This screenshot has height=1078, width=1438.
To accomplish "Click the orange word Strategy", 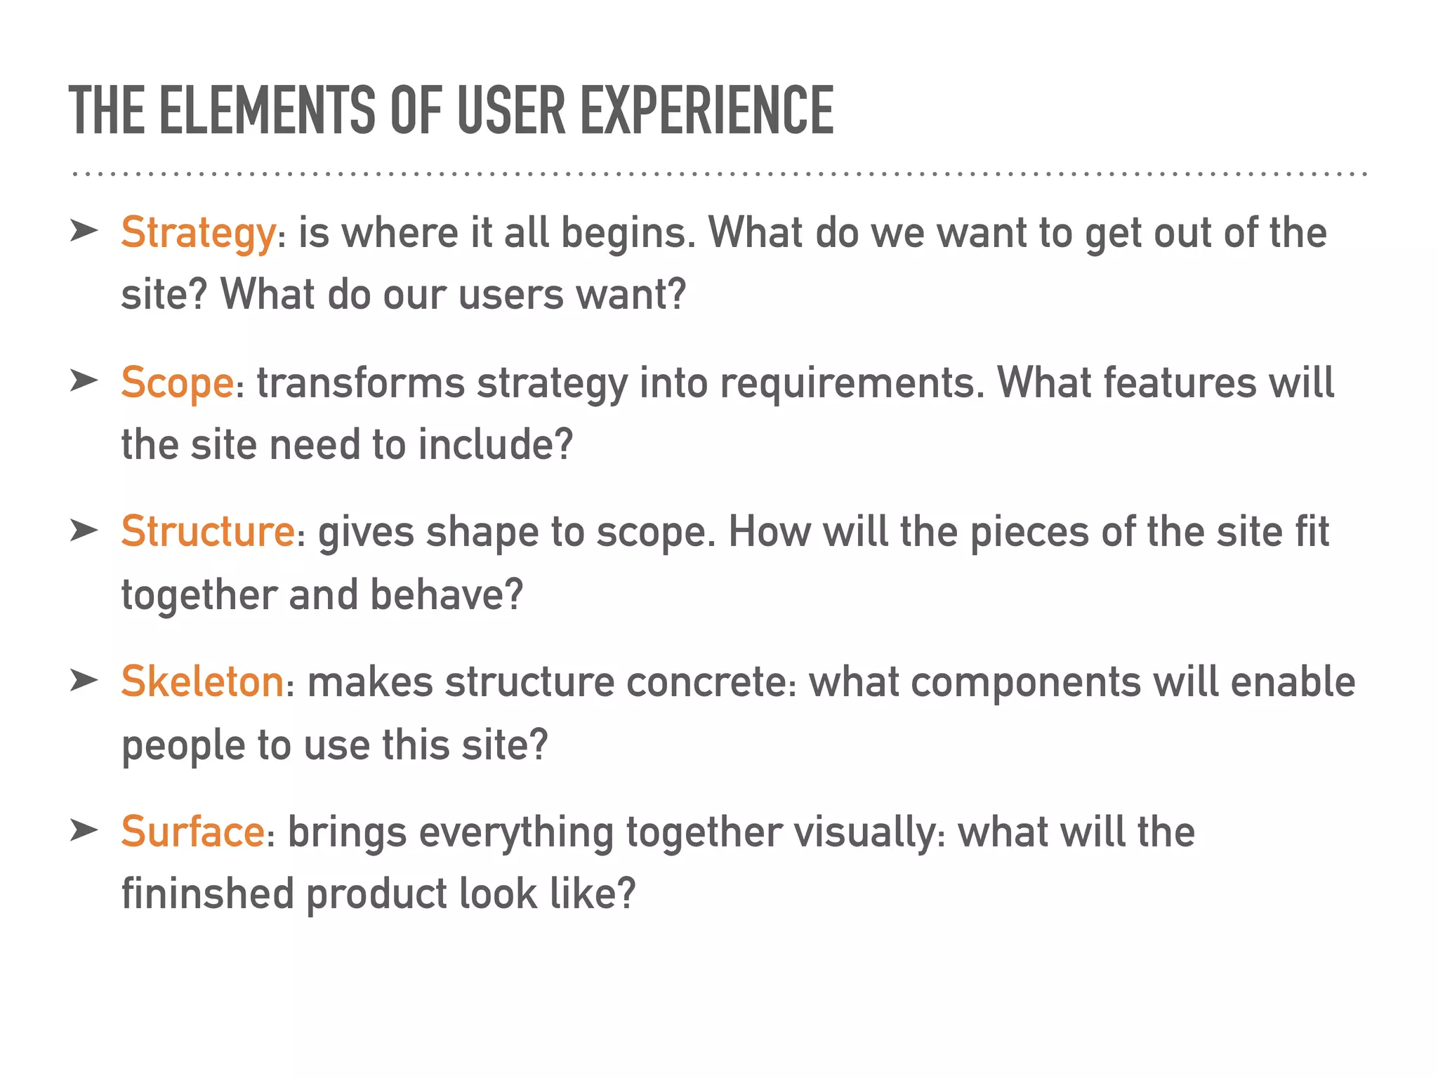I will [x=198, y=233].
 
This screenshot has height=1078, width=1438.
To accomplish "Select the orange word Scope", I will [x=177, y=383].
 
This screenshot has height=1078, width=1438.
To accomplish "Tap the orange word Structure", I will [x=208, y=531].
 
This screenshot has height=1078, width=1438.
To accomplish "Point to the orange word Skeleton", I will [x=202, y=681].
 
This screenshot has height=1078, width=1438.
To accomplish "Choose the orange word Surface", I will [x=192, y=832].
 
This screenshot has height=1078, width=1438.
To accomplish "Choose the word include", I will [x=495, y=445].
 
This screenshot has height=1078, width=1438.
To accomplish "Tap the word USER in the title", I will [x=511, y=110].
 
